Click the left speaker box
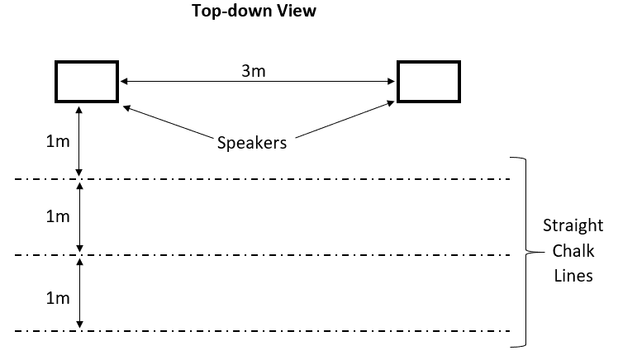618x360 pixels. (87, 81)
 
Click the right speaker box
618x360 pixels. (429, 81)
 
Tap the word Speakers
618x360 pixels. (251, 142)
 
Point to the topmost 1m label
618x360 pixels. (57, 140)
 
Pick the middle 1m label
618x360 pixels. (57, 216)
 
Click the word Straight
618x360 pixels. (568, 225)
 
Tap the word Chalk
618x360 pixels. (568, 251)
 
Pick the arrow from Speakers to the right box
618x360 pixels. (343, 118)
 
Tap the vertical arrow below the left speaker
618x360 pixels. (79, 140)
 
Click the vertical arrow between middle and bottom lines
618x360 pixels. (79, 293)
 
